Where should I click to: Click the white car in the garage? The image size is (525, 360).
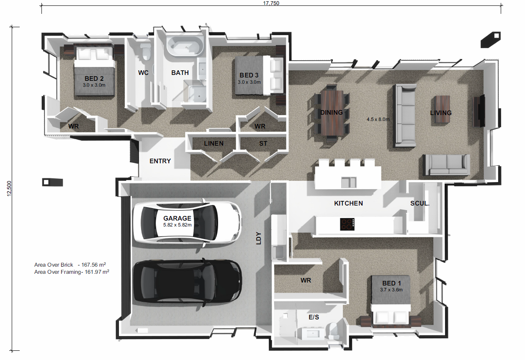(x=187, y=223)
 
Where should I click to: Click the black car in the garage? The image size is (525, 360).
(x=187, y=283)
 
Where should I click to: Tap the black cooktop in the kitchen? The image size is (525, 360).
(x=347, y=224)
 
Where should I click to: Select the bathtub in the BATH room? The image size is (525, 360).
(x=185, y=46)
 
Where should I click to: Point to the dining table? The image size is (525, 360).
(x=332, y=113)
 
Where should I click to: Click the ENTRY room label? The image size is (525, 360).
(x=160, y=161)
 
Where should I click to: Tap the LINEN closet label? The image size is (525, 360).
(x=214, y=144)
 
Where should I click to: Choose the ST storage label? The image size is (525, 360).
(x=263, y=144)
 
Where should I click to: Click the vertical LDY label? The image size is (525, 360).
(x=258, y=238)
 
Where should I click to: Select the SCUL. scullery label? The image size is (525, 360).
(x=420, y=203)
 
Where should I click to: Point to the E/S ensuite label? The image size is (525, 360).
(x=314, y=317)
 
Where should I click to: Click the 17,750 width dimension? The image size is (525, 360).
(x=271, y=3)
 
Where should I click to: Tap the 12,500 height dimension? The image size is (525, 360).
(x=9, y=188)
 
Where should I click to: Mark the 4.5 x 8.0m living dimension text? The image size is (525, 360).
(x=378, y=119)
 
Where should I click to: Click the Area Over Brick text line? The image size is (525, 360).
(x=70, y=265)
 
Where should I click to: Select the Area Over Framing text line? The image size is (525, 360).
(x=72, y=272)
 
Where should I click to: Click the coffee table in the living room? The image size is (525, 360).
(x=443, y=109)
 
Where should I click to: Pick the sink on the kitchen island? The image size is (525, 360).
(x=349, y=183)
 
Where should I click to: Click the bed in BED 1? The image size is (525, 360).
(x=391, y=301)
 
